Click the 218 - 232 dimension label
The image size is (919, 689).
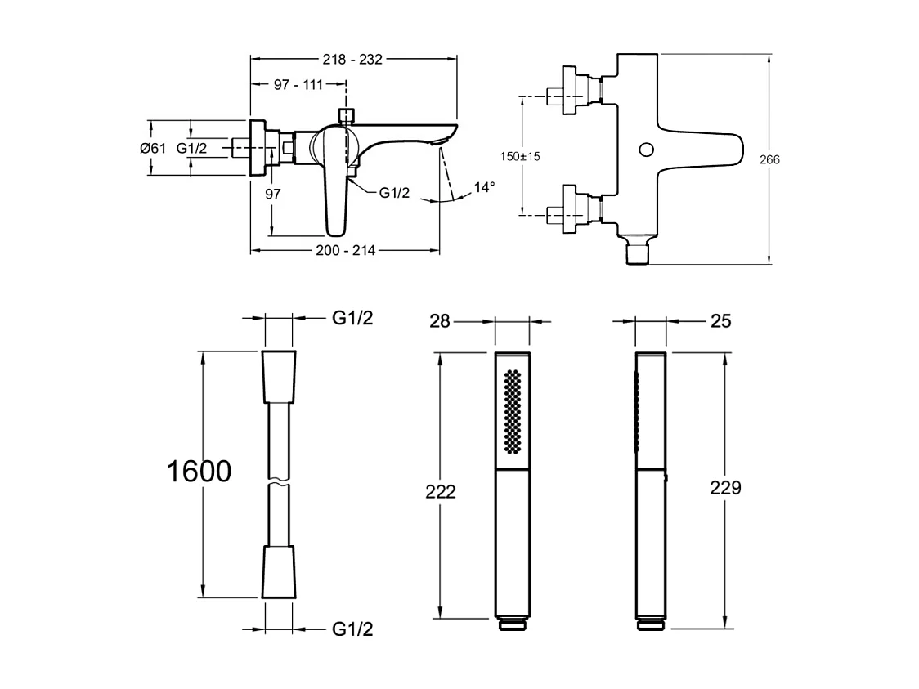pyautogui.click(x=353, y=59)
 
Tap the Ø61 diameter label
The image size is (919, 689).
pyautogui.click(x=153, y=148)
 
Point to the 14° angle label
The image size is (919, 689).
pyautogui.click(x=484, y=187)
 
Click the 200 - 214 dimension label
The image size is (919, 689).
pyautogui.click(x=347, y=251)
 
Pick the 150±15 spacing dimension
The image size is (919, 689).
pyautogui.click(x=521, y=156)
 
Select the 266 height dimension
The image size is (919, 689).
pyautogui.click(x=769, y=159)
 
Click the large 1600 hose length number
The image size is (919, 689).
pyautogui.click(x=199, y=472)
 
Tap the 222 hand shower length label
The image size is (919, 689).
pyautogui.click(x=441, y=491)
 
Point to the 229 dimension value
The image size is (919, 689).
pyautogui.click(x=726, y=488)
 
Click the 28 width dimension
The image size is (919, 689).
pyautogui.click(x=440, y=321)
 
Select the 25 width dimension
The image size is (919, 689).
pyautogui.click(x=720, y=321)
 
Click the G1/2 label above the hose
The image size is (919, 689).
pyautogui.click(x=353, y=319)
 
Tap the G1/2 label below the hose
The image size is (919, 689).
pyautogui.click(x=353, y=629)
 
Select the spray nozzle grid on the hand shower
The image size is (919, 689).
pyautogui.click(x=513, y=411)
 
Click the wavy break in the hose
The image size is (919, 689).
pyautogui.click(x=279, y=482)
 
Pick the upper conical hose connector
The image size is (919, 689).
pyautogui.click(x=279, y=377)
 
